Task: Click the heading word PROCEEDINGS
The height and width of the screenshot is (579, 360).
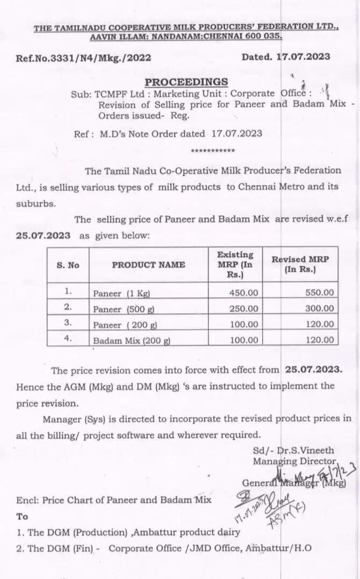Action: (186, 82)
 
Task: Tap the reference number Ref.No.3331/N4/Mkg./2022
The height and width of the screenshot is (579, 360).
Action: (84, 58)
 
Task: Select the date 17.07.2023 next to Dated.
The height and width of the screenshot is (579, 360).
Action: (304, 56)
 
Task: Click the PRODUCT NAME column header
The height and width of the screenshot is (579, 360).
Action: (148, 265)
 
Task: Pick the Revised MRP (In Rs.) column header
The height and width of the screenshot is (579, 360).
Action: (300, 265)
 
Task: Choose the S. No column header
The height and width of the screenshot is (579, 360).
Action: (68, 265)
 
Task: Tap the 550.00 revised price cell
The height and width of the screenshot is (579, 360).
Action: (318, 293)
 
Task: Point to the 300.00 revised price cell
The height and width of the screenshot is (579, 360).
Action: (318, 309)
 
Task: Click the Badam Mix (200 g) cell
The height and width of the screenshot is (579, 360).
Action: (132, 340)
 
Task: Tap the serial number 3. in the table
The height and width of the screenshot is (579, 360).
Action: (68, 324)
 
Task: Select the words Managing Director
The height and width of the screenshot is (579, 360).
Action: (294, 461)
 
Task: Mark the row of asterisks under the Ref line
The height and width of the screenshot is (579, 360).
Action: (213, 151)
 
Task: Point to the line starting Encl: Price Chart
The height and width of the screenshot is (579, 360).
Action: (114, 500)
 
